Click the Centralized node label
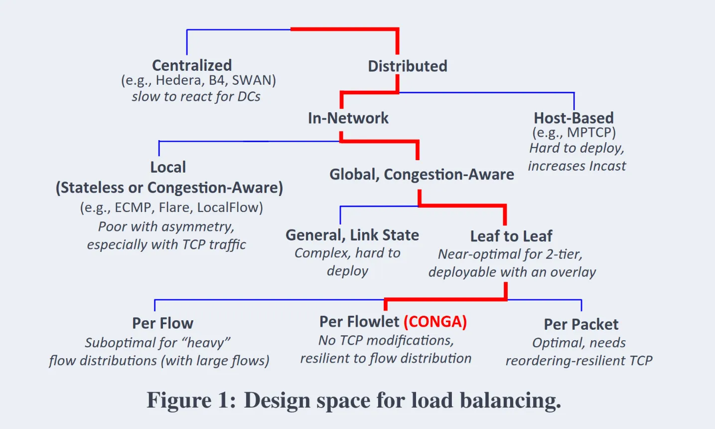point(192,65)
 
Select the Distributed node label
point(408,66)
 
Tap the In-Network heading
point(348,118)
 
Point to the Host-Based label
point(573,118)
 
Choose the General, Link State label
point(352,235)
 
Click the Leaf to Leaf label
point(511,236)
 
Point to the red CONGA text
point(435,322)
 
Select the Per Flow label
point(163,323)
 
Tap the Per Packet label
point(581,324)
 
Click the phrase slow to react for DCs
point(196,97)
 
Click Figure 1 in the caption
point(191,400)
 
